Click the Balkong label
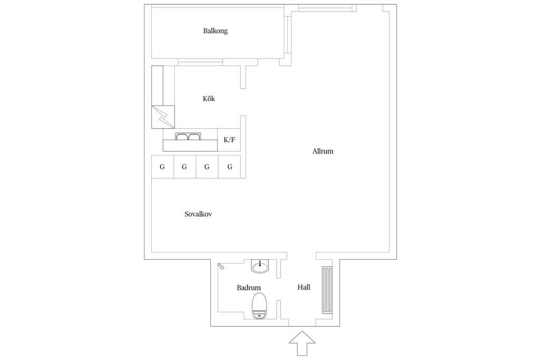point(215,31)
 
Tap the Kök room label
point(209,99)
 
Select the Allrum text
point(323,151)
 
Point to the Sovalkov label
point(198,214)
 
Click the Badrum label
point(249,288)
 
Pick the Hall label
point(304,287)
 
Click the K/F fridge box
point(229,140)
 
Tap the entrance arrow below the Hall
point(302,343)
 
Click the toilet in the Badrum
point(259,306)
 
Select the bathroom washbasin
point(259,266)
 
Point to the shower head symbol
point(221,266)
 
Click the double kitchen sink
point(188,137)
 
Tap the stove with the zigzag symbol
point(163,116)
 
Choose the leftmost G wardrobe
point(162,167)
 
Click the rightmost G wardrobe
point(230,167)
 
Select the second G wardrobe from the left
point(185,167)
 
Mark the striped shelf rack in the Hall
point(327,290)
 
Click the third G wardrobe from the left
point(207,167)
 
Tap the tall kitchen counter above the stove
point(157,85)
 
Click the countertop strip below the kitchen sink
point(190,145)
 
